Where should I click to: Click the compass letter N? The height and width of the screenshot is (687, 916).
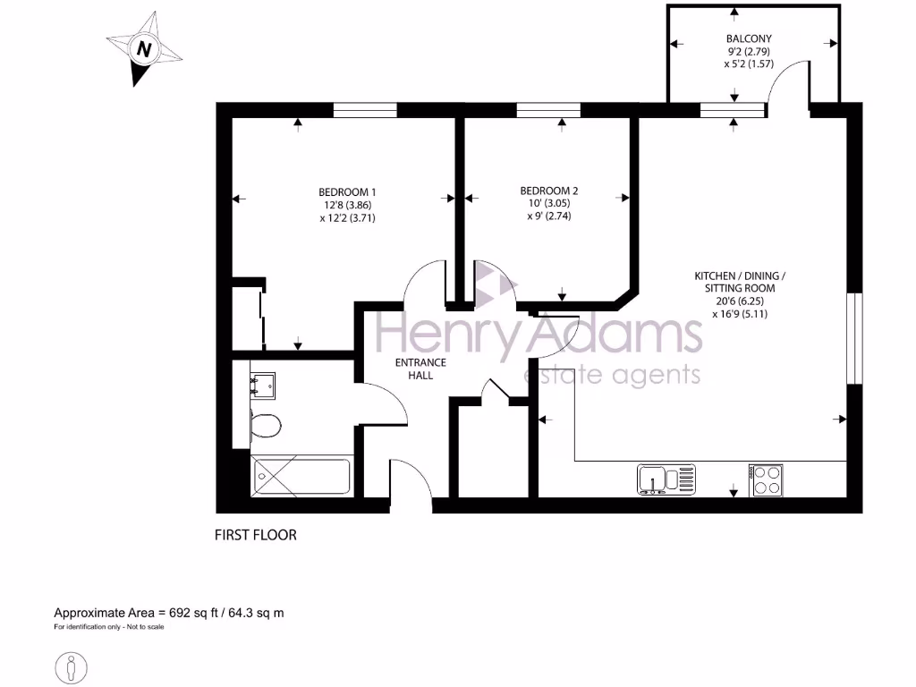pos(142,49)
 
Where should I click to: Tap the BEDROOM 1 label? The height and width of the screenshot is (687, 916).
pos(347,191)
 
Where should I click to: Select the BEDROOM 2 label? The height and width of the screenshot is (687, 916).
pos(549,191)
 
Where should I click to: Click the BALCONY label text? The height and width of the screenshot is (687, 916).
pos(748,38)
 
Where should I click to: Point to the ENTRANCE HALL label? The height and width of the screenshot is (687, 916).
pos(420,369)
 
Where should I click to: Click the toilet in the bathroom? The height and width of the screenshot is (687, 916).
pos(265,426)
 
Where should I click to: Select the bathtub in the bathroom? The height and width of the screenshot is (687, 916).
pos(302,475)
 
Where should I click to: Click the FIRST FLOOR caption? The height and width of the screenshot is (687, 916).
pos(255,535)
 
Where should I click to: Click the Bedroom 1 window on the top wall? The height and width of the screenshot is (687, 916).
pos(365,110)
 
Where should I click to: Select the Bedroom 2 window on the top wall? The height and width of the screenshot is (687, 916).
pos(548,110)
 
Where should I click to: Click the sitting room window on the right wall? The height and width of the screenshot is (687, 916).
pos(855,338)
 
